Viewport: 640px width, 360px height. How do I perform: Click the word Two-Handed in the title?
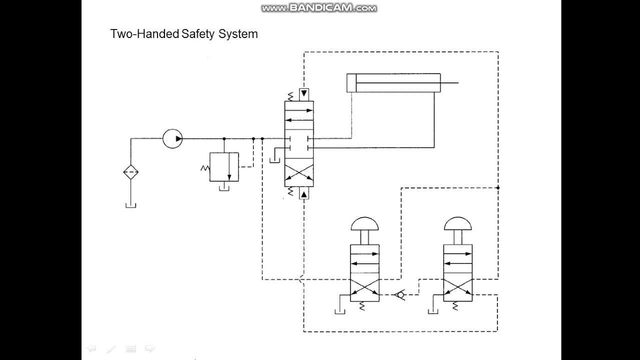144,34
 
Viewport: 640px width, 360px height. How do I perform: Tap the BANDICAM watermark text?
319,8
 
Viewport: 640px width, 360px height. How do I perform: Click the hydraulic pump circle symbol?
172,138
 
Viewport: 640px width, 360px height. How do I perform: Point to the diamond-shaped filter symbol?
131,172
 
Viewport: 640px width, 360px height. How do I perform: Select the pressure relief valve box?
224,167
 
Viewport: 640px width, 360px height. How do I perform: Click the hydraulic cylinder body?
393,82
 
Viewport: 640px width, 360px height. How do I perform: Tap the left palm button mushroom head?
365,223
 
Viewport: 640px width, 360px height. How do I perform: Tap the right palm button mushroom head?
458,223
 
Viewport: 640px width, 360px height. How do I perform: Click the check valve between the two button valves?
399,294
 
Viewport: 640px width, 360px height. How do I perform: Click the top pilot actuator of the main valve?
303,94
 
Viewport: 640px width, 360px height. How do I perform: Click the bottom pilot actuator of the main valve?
303,193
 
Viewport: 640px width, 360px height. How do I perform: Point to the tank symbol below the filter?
131,205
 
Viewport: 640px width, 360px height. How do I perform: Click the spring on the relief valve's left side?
204,168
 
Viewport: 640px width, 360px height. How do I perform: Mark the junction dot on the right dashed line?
498,187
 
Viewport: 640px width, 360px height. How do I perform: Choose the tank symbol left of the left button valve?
340,312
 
